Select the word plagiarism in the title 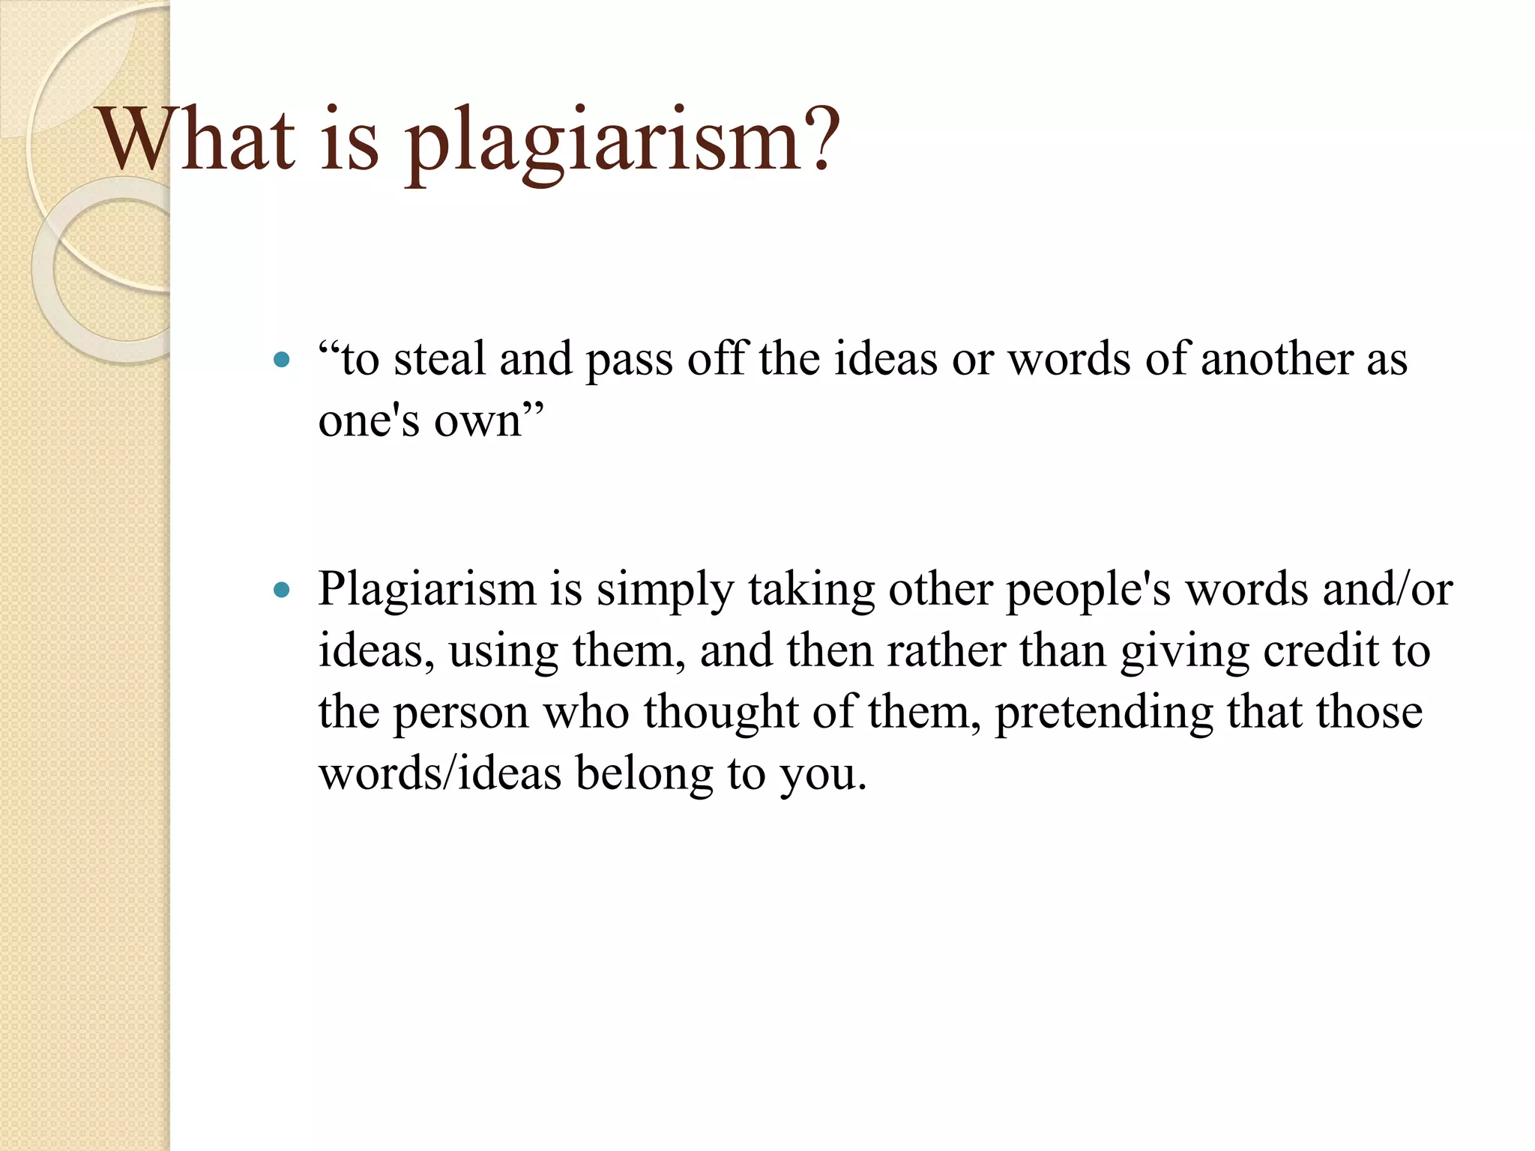click(603, 142)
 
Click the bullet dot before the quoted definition click(282, 360)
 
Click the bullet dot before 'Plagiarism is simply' click(282, 590)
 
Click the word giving click(1184, 652)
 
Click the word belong click(645, 774)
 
